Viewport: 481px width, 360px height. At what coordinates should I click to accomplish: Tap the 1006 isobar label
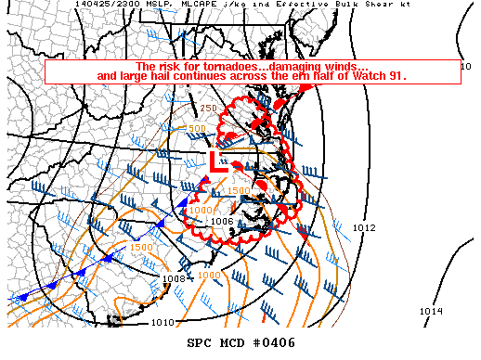click(221, 221)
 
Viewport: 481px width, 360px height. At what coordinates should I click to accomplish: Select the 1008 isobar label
click(174, 278)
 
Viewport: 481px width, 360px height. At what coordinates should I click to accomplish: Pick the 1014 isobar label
click(430, 311)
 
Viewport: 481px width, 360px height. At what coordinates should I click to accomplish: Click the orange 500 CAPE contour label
click(196, 129)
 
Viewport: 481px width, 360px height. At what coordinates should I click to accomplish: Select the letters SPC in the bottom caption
click(200, 343)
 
